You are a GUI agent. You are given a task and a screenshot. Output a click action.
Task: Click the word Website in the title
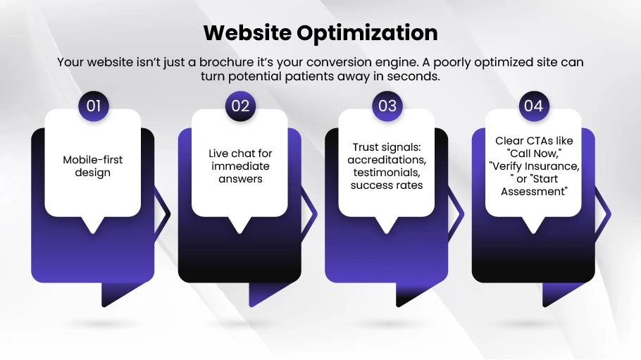coord(247,32)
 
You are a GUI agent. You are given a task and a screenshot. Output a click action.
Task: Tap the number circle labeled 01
coord(94,106)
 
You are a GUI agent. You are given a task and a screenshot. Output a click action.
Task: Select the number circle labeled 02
coord(240,106)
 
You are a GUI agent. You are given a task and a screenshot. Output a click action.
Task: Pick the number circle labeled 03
coord(387,106)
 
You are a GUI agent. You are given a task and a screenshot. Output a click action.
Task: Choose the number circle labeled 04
coord(534,106)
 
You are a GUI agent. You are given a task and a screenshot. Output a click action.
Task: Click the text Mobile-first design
coord(93,166)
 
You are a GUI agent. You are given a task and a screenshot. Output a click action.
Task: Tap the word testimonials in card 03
coord(387,173)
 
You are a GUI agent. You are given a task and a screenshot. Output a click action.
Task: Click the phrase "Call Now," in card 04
coord(534,154)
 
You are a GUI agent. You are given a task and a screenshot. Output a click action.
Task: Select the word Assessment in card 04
coord(534,192)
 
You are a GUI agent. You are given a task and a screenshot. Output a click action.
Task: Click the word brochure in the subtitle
coord(227,62)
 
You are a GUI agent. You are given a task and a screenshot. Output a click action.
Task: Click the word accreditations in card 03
coord(387,160)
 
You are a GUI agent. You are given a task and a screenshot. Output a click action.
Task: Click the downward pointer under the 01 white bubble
coord(93,225)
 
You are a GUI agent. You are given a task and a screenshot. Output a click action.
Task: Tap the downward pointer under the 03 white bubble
coord(387,225)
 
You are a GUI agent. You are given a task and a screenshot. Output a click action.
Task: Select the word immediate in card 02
coord(240,166)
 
